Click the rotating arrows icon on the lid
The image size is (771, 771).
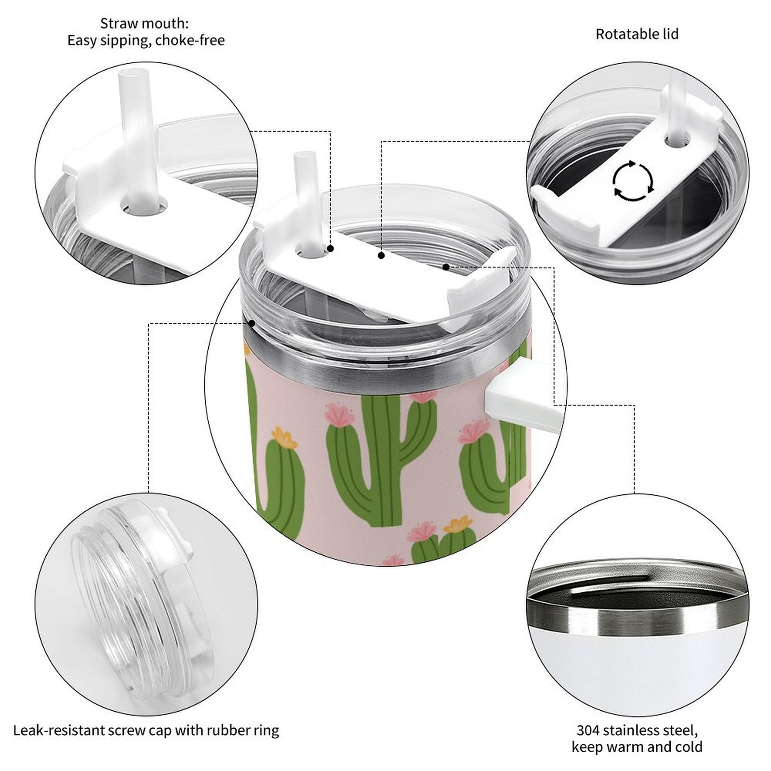point(633,181)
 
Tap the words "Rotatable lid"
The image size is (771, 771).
point(637,34)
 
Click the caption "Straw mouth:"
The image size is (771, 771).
point(145,23)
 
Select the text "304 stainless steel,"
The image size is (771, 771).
point(637,730)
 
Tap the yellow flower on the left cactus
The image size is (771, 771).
point(284,438)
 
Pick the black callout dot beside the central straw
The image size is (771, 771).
point(331,249)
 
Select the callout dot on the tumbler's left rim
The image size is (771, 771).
point(251,323)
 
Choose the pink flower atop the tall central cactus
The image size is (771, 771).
point(423,396)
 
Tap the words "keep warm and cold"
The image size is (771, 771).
point(637,747)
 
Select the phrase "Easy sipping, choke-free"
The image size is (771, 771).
point(146,40)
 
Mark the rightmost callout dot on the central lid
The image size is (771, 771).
point(446,267)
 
